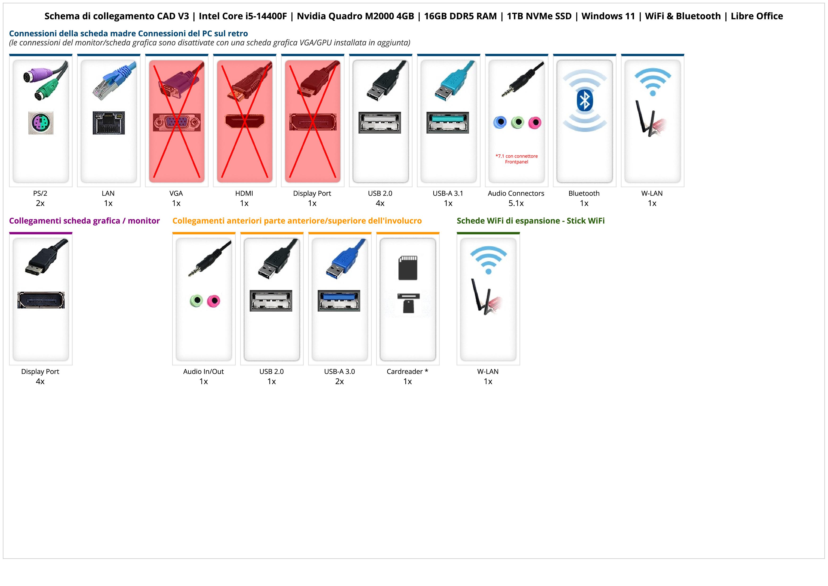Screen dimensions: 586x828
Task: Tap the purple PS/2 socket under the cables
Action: [x=41, y=123]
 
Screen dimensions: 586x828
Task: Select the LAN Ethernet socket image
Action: [x=109, y=123]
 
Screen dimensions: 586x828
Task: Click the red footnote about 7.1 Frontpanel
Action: [x=516, y=159]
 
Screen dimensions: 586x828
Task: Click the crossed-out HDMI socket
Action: [x=245, y=121]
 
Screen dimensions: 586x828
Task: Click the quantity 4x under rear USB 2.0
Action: [x=380, y=203]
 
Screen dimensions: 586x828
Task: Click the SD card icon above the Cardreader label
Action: [x=408, y=268]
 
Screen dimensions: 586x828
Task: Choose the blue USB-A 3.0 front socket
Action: [x=339, y=300]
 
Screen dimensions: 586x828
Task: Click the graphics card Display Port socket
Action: [x=41, y=300]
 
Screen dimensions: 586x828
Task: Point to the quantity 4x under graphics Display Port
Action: [x=40, y=381]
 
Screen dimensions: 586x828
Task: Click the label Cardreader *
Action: [x=407, y=372]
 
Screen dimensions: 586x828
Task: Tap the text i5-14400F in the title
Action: [x=266, y=16]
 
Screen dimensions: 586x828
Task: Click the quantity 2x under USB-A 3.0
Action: [x=339, y=381]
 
